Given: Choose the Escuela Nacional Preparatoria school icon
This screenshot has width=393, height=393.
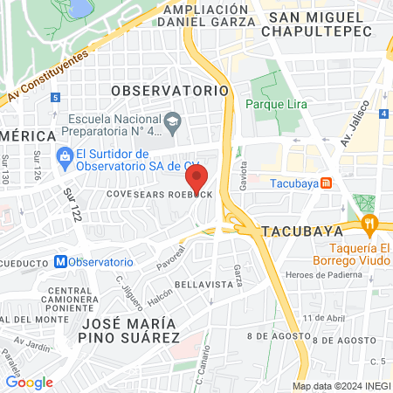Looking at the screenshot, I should (x=172, y=120).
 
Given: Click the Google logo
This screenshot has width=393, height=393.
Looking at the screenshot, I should (x=29, y=382).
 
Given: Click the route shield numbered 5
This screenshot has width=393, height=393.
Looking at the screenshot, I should (x=55, y=98).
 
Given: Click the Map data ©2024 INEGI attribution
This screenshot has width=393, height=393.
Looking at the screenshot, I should (x=341, y=386).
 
